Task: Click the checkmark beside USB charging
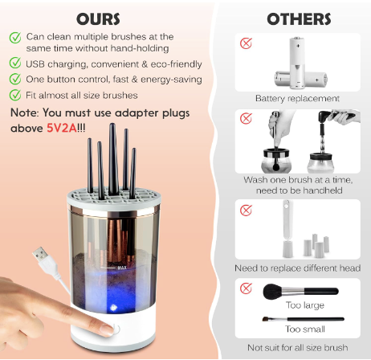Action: tap(15, 63)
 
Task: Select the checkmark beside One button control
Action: tap(15, 79)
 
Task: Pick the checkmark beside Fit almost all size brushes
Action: tap(15, 95)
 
